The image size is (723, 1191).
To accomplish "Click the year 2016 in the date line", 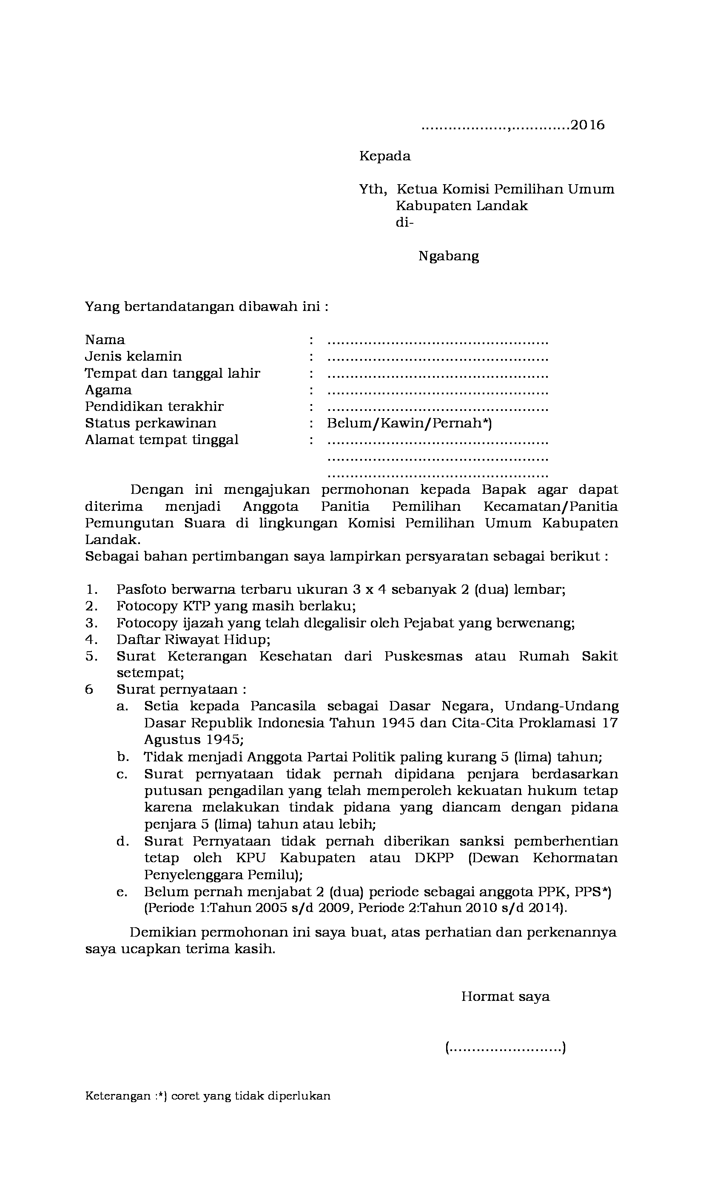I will click(x=587, y=125).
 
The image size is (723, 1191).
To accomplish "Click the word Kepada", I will click(x=385, y=156).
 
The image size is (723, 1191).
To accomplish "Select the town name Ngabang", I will click(x=449, y=256).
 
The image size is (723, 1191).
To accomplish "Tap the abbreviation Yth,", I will click(x=373, y=189).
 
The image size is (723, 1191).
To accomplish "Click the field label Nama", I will click(x=105, y=340).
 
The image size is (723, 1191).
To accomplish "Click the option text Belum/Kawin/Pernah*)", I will click(x=409, y=423).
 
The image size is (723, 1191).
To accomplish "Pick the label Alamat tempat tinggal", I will click(x=162, y=440).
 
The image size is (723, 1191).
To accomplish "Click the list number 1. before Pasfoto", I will click(x=91, y=590).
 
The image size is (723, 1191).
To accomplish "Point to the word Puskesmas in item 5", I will click(x=423, y=656).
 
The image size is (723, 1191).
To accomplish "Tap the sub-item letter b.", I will click(x=122, y=758).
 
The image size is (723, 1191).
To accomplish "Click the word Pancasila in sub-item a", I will click(x=283, y=706).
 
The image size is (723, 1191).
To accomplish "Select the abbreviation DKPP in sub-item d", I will click(x=434, y=858).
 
